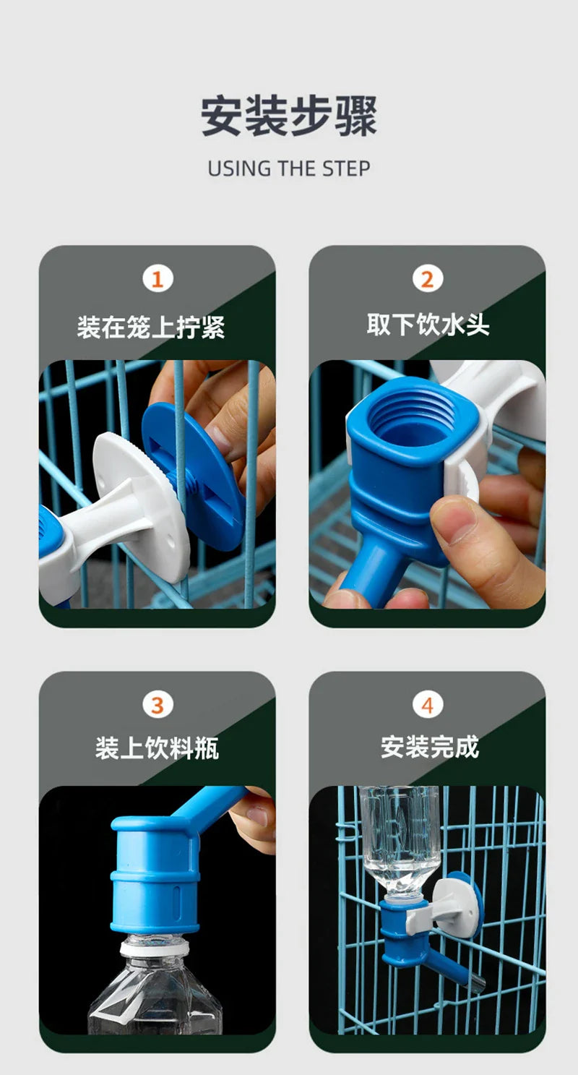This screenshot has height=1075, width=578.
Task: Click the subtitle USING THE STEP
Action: click(288, 168)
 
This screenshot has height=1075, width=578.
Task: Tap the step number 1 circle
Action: click(157, 279)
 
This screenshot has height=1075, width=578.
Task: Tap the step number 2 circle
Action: click(427, 279)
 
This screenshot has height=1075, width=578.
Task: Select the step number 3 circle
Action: click(157, 705)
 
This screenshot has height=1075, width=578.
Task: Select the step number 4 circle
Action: click(427, 705)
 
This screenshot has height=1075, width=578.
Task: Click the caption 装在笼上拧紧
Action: click(151, 327)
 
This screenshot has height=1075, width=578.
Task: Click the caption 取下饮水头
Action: click(428, 325)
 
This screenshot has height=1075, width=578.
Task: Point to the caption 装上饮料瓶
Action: click(157, 748)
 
